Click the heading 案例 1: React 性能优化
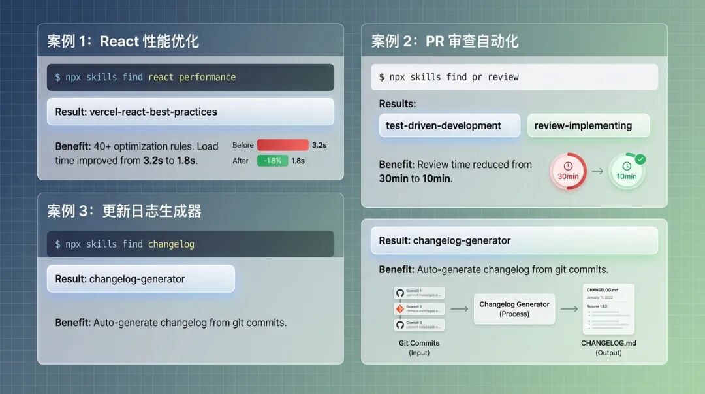[x=123, y=42]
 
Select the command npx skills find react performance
[x=145, y=77]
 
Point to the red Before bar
[x=282, y=145]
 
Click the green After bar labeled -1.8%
[x=272, y=161]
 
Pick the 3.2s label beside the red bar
[x=319, y=145]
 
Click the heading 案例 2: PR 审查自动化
[x=445, y=42]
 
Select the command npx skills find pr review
[x=449, y=77]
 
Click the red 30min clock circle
[x=567, y=172]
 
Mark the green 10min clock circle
[x=627, y=172]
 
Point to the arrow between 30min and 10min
[x=597, y=172]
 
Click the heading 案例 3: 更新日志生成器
[x=124, y=211]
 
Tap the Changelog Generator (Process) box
[x=514, y=308]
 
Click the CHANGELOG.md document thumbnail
[x=608, y=309]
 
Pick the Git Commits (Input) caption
[x=419, y=348]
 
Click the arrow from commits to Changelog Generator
[x=460, y=308]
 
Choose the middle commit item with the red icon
[x=419, y=309]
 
